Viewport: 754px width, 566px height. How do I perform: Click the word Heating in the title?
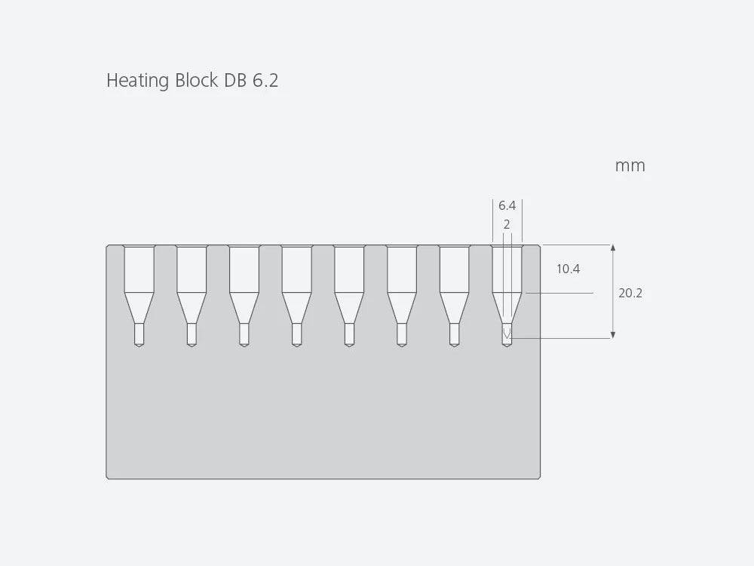pos(137,81)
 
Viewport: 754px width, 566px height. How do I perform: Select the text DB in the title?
pos(235,80)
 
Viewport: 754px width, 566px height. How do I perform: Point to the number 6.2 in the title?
pos(265,81)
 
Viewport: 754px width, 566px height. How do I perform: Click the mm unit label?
pos(630,166)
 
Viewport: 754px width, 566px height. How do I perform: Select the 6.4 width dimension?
pos(507,205)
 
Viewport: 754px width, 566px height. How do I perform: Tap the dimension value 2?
pos(507,224)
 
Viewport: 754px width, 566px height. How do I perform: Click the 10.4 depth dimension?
pos(568,269)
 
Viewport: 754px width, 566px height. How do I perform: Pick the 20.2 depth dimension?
pos(630,293)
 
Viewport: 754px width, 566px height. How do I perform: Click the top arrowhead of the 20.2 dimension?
pos(612,248)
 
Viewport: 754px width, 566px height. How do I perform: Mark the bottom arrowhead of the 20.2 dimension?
pos(612,335)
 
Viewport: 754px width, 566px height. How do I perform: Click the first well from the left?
pos(139,295)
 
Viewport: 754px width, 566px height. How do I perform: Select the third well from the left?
pos(244,295)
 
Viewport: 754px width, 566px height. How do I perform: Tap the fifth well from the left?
pos(349,295)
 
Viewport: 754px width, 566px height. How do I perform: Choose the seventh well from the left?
pos(455,295)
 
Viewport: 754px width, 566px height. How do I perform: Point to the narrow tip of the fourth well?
pos(296,335)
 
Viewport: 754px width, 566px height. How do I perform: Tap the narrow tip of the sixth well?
pos(402,335)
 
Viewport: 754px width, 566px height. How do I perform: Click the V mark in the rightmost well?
pos(507,333)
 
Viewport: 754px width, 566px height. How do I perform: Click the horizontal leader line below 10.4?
pos(559,293)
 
